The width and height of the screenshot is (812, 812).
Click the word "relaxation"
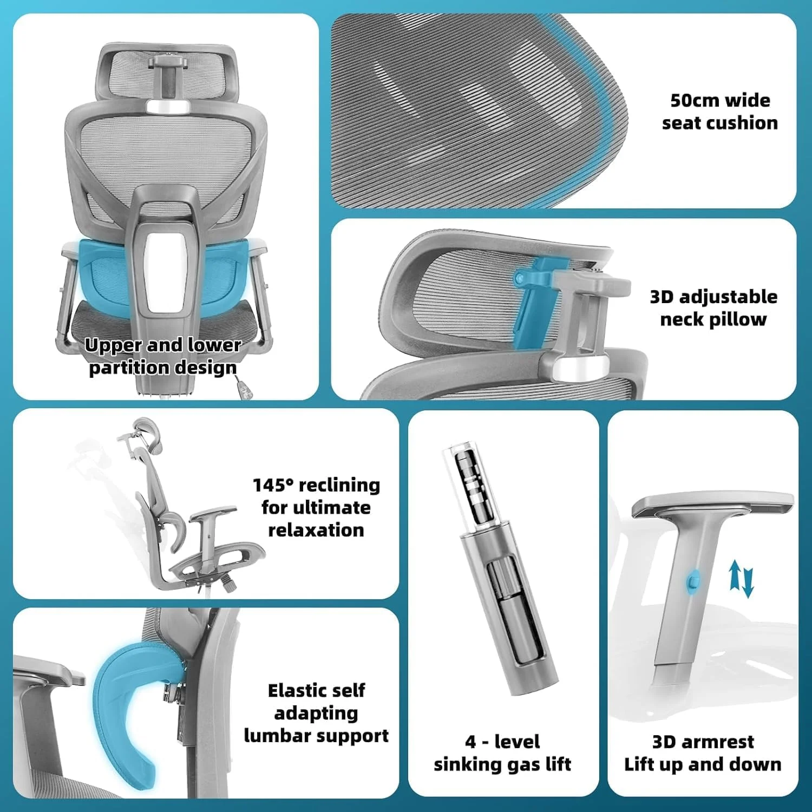click(x=316, y=530)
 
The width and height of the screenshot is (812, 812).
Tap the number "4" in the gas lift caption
click(x=470, y=742)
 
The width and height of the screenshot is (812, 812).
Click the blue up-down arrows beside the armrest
click(x=741, y=579)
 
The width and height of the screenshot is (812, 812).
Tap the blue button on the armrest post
click(x=693, y=581)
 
